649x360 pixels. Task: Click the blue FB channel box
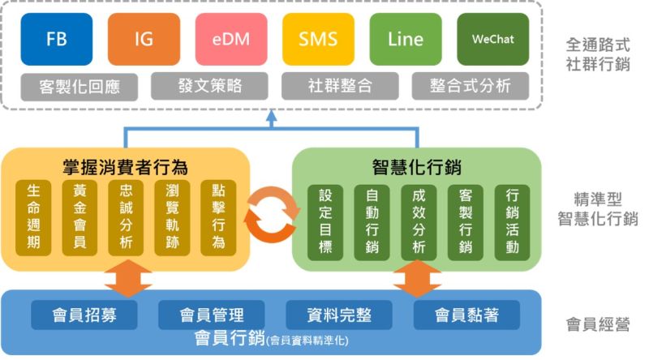(x=56, y=40)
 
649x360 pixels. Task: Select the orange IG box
(x=144, y=40)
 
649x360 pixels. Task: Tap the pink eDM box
(x=230, y=40)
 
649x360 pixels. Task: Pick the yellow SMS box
(x=318, y=40)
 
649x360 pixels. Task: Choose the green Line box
(x=406, y=40)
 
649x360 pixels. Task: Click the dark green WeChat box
(x=492, y=40)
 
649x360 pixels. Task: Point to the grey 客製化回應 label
(x=79, y=85)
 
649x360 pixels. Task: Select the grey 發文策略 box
(x=208, y=85)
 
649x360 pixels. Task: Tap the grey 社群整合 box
(x=340, y=85)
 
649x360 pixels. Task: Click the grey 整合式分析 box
(x=470, y=85)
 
